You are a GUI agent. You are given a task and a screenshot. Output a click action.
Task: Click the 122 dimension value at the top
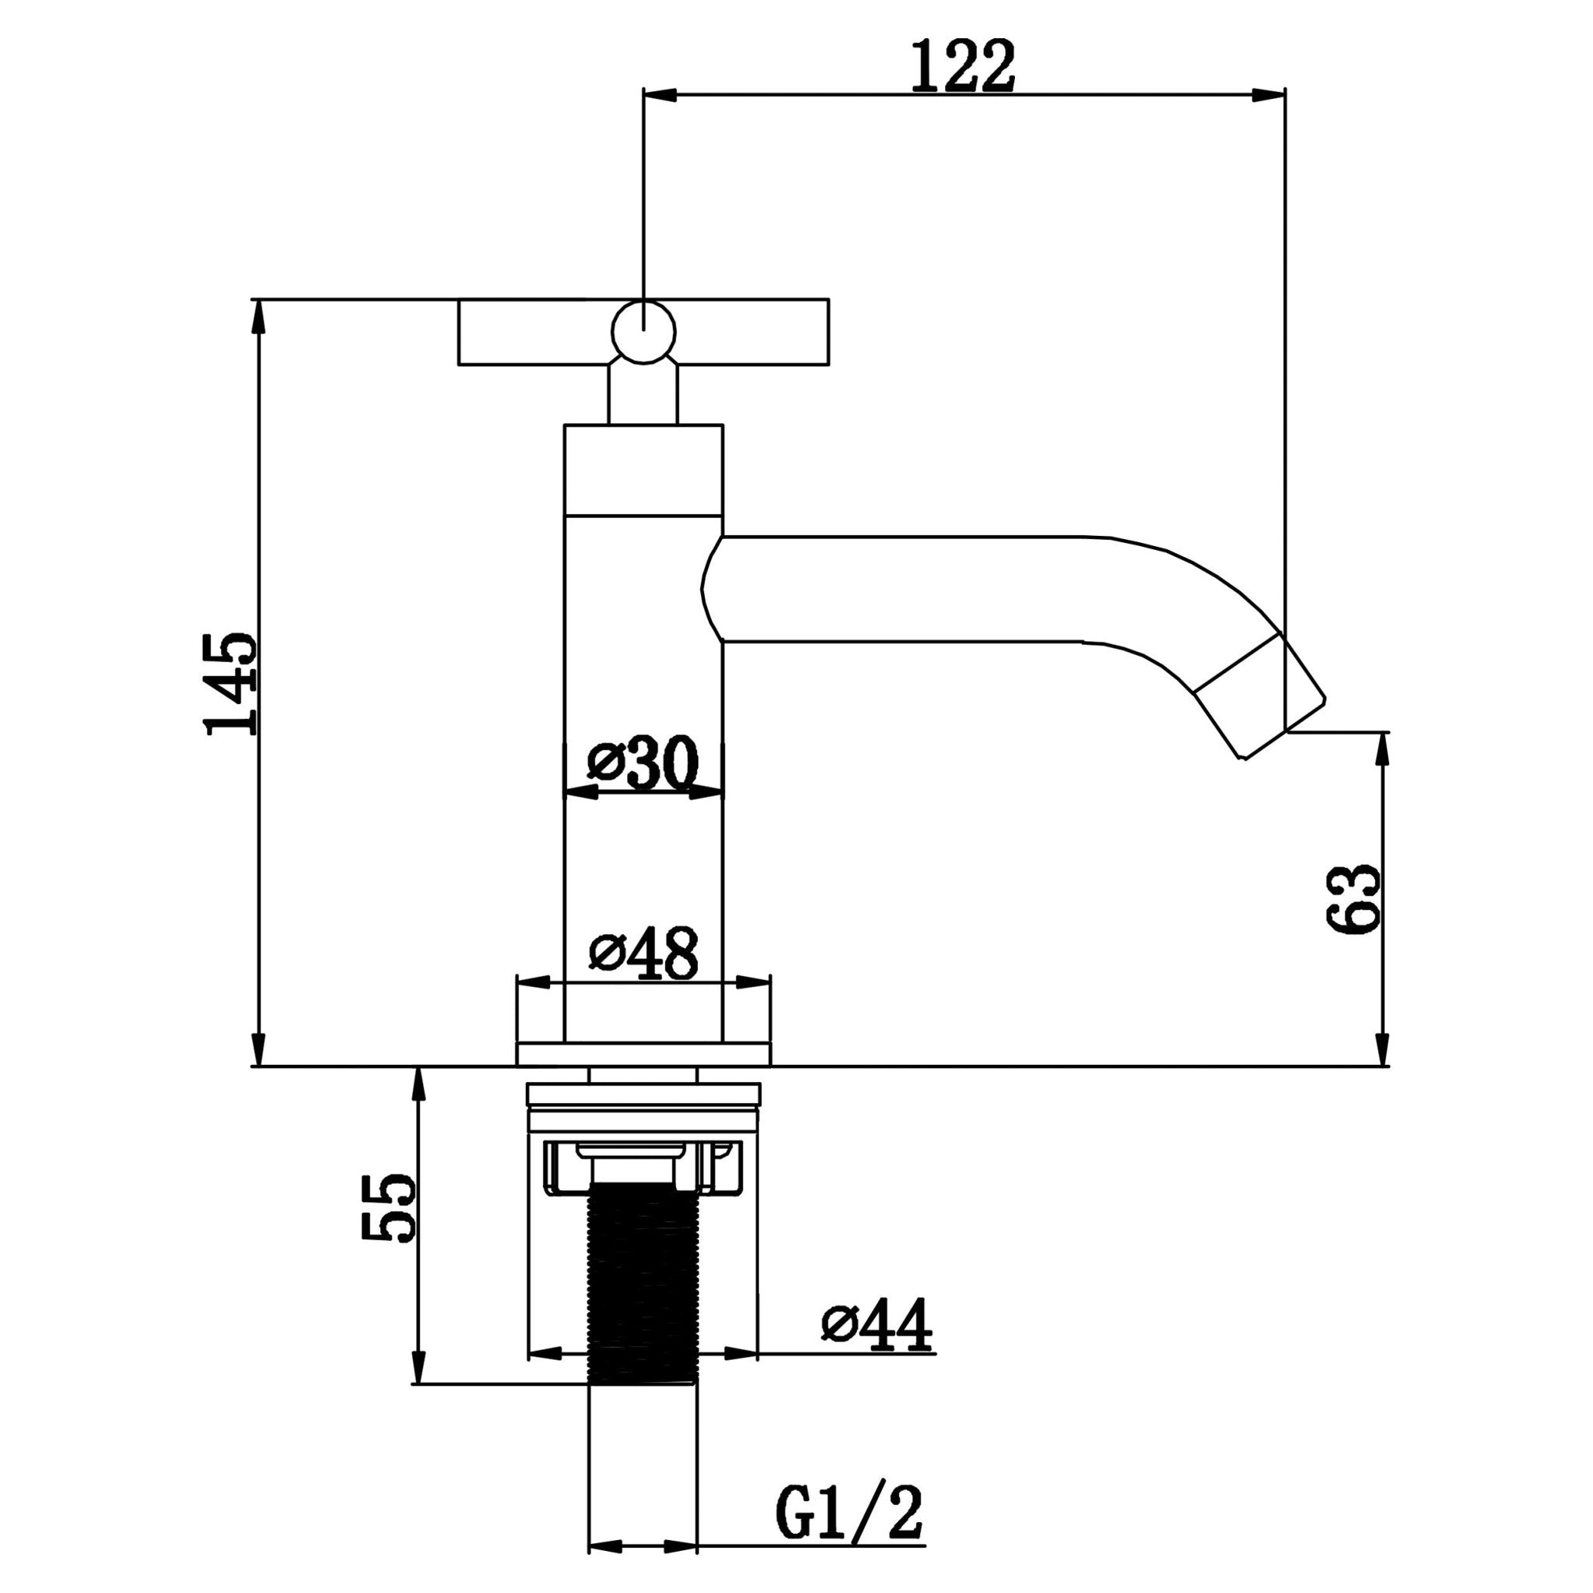click(962, 67)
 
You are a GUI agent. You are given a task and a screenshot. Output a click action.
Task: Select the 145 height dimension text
click(232, 684)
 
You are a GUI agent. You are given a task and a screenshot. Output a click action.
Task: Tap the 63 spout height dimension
click(1352, 898)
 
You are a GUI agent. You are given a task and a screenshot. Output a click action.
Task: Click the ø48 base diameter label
click(644, 953)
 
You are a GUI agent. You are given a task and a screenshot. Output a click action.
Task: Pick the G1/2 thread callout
click(849, 1512)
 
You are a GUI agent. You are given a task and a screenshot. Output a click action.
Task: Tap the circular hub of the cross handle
click(643, 332)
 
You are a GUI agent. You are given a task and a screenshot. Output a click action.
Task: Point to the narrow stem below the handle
click(643, 395)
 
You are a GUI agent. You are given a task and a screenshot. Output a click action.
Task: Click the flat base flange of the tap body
click(643, 1055)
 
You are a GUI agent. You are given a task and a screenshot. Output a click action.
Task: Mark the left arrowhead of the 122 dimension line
click(660, 95)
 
